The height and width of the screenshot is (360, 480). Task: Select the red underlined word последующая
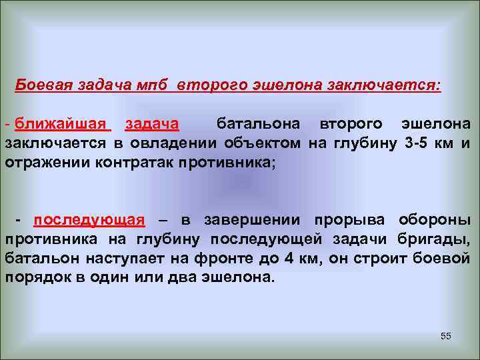[x=89, y=221]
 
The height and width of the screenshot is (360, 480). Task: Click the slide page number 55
[x=446, y=336]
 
